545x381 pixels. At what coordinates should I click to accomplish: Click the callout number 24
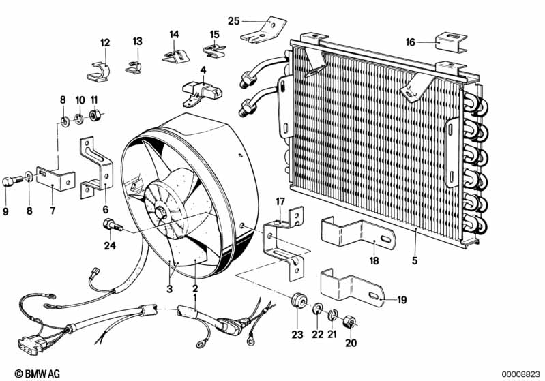pyautogui.click(x=108, y=246)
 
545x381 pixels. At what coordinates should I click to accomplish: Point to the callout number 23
pyautogui.click(x=295, y=335)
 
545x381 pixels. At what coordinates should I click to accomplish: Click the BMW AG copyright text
pyautogui.click(x=33, y=373)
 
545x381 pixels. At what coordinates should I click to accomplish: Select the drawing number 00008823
pyautogui.click(x=521, y=373)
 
